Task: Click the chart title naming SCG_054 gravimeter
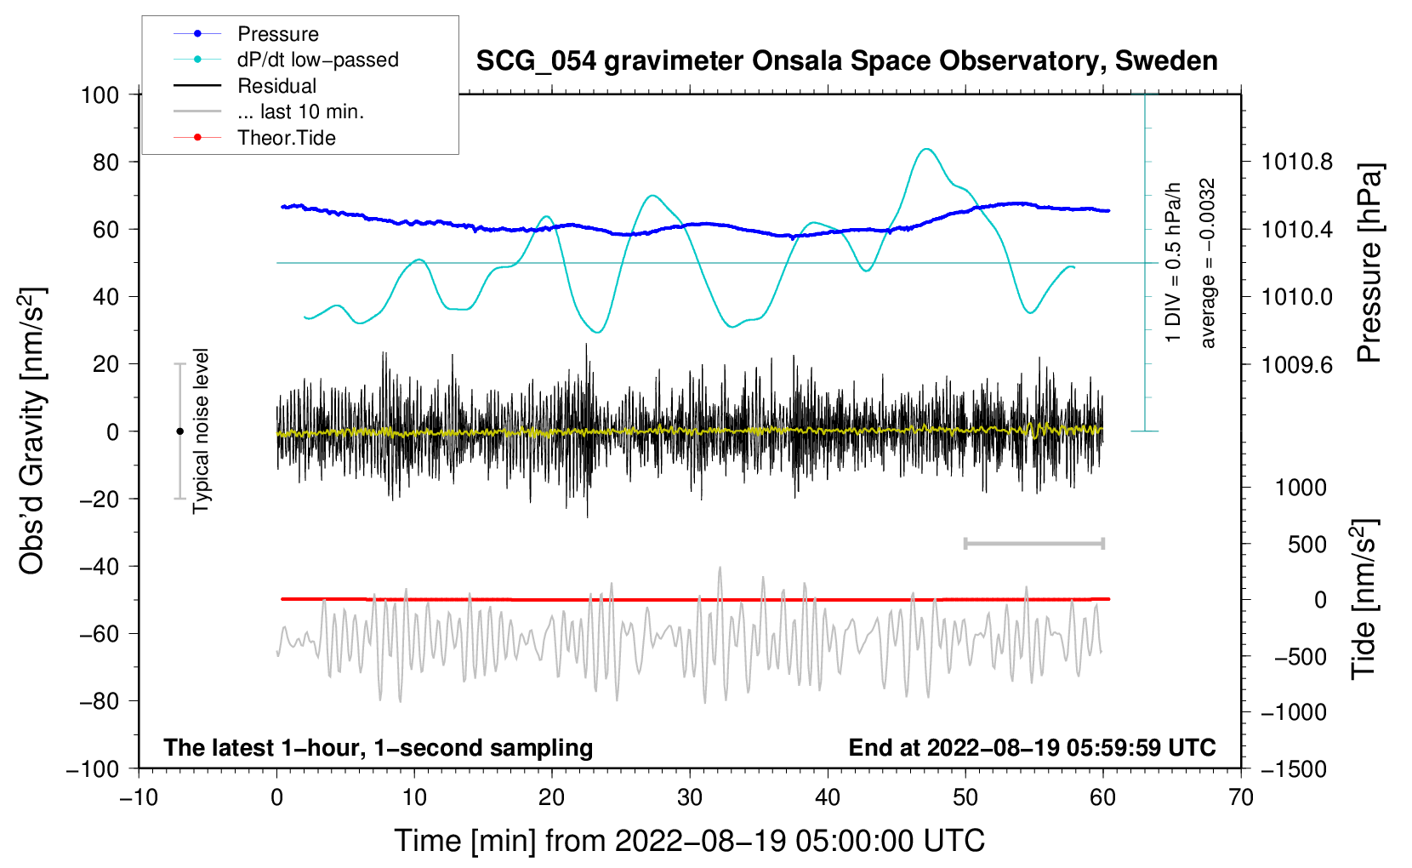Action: [x=846, y=61]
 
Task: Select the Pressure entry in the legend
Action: [x=247, y=33]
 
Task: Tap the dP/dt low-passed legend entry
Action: [x=286, y=60]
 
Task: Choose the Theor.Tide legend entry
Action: [x=254, y=138]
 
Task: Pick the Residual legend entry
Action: [x=245, y=86]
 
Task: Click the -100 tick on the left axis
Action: [x=94, y=769]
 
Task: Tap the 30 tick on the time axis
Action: [x=690, y=797]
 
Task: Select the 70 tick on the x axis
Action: [x=1240, y=797]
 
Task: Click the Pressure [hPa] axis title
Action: [x=1369, y=263]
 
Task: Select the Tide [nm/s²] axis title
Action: [x=1364, y=600]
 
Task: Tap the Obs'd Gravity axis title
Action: [x=31, y=431]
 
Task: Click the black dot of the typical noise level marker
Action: [x=179, y=431]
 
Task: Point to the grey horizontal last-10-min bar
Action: [x=1033, y=543]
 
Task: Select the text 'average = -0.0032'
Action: [x=1207, y=263]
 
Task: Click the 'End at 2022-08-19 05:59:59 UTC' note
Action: [x=1032, y=747]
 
